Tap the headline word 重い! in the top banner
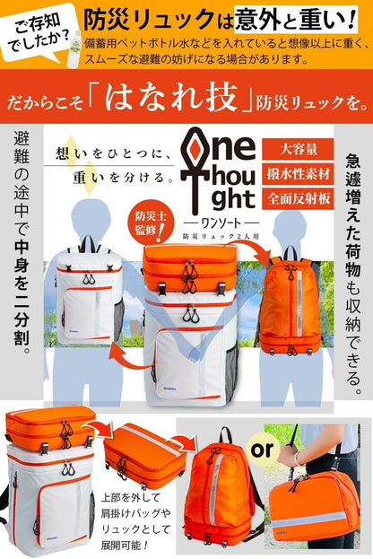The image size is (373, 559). point(323,19)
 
